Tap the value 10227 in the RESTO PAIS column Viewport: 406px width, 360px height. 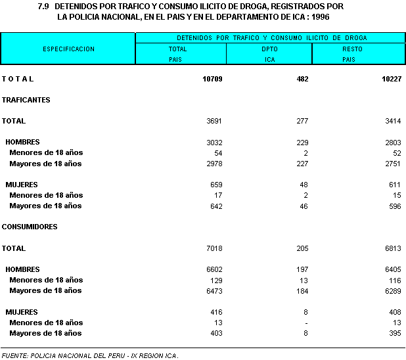pos(388,79)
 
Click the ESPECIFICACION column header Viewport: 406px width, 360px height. pos(68,49)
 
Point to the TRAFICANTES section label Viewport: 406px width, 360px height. pos(26,100)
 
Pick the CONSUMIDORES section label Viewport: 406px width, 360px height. pos(30,227)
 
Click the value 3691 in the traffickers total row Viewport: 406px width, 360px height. pos(215,121)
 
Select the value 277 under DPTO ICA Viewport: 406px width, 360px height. pos(303,121)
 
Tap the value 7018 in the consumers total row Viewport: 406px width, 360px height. pos(215,248)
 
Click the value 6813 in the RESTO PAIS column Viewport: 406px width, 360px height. pos(390,248)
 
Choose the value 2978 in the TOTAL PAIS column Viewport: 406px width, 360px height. pos(215,164)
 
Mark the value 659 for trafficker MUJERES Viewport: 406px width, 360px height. pos(217,185)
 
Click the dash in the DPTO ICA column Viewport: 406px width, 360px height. pos(306,323)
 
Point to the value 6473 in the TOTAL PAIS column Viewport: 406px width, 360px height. pos(215,290)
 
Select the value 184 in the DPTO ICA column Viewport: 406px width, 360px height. pos(303,290)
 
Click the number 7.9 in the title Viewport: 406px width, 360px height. pos(44,6)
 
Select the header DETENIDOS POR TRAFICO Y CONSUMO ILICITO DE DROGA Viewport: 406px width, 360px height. pos(271,37)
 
